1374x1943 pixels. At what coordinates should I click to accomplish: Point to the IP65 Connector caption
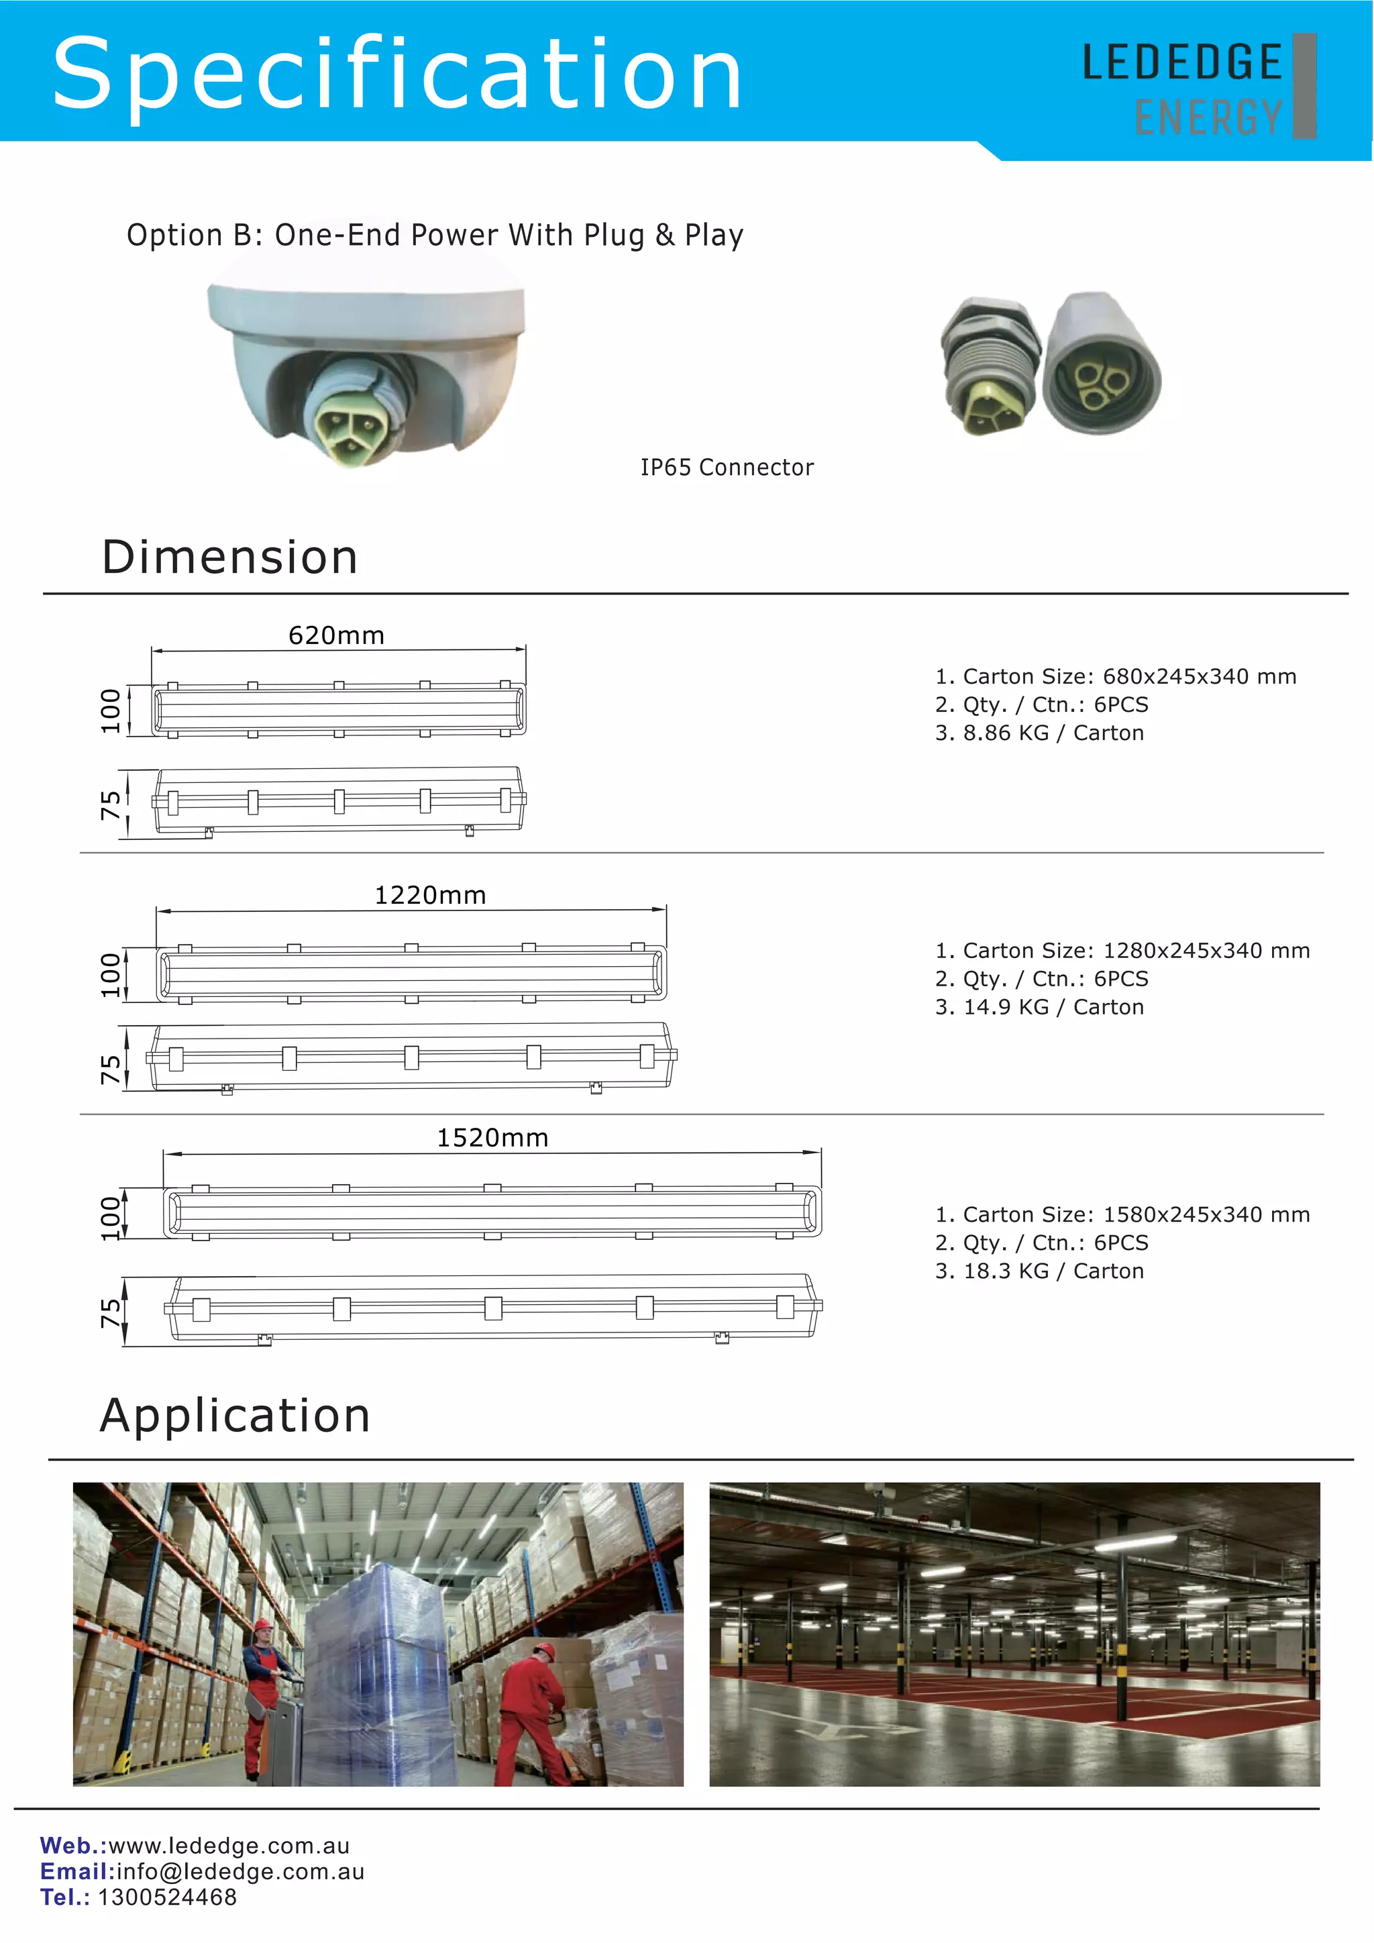click(x=727, y=467)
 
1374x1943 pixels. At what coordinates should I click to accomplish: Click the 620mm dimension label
click(x=336, y=635)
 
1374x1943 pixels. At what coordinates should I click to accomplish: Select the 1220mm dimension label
click(x=430, y=895)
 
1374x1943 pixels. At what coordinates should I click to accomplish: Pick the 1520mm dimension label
click(x=492, y=1138)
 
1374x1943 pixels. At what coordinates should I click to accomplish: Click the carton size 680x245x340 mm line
click(x=1115, y=676)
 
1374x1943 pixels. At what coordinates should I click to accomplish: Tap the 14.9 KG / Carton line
click(x=1039, y=1007)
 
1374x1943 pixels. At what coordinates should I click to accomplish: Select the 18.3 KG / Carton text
click(x=1039, y=1271)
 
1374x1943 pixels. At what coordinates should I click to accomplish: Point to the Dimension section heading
click(x=229, y=558)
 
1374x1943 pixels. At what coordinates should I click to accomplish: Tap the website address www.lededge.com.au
click(x=228, y=1846)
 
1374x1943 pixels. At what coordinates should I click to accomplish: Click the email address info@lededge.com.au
click(x=240, y=1872)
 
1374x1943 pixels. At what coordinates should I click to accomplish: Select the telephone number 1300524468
click(x=168, y=1897)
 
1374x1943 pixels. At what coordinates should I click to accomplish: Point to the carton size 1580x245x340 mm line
click(x=1122, y=1214)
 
